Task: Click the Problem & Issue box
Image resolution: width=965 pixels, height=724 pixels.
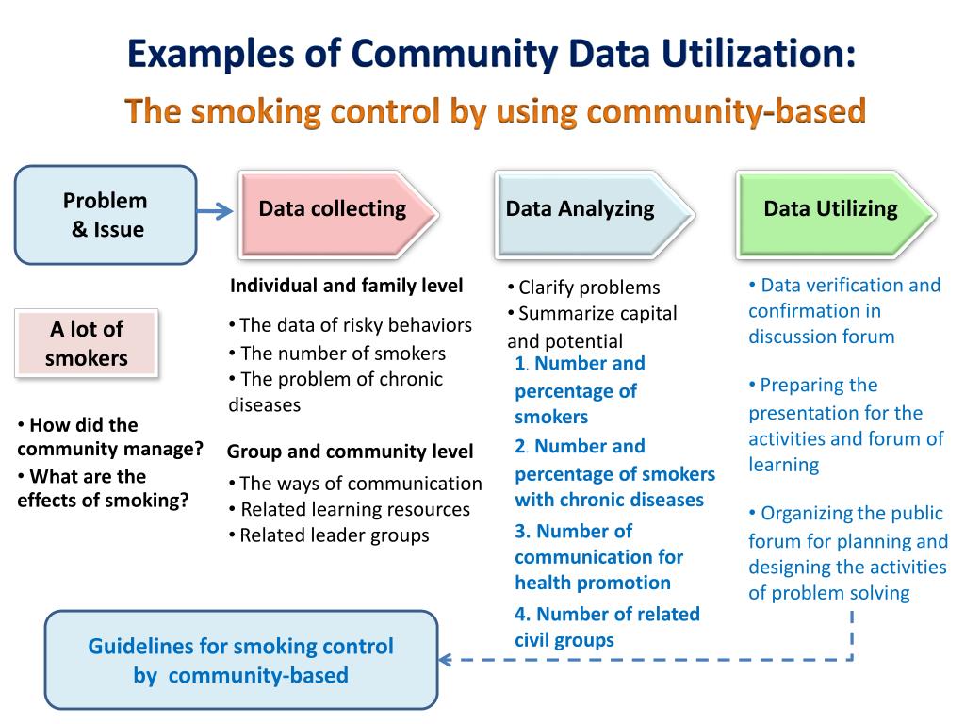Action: coord(105,214)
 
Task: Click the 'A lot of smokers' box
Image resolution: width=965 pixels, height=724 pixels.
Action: coord(87,343)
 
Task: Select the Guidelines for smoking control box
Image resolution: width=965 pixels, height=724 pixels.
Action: coord(241,660)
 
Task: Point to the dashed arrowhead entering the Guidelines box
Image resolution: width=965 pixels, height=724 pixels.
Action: coord(447,660)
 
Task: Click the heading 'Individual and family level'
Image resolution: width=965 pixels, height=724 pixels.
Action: coord(346,286)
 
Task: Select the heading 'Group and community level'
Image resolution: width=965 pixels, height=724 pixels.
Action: coord(350,452)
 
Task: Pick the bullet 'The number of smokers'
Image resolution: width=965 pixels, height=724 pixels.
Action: coord(343,354)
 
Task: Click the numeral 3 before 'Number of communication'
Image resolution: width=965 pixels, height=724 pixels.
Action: coord(520,531)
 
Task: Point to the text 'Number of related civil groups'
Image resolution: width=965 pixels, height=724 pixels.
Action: coord(607,627)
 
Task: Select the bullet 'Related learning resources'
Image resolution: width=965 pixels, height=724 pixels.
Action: coord(355,509)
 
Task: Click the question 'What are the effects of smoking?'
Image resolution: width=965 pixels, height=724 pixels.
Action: coord(102,488)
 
